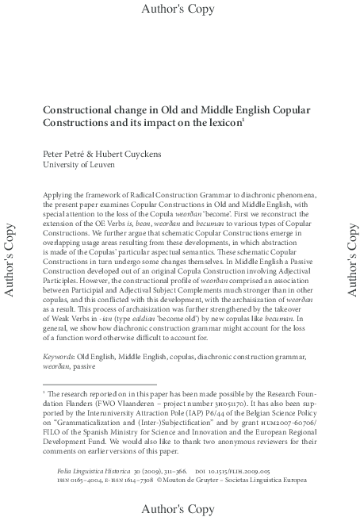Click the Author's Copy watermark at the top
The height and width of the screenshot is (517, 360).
[179, 10]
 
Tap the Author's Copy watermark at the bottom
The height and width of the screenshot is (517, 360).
[179, 506]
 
